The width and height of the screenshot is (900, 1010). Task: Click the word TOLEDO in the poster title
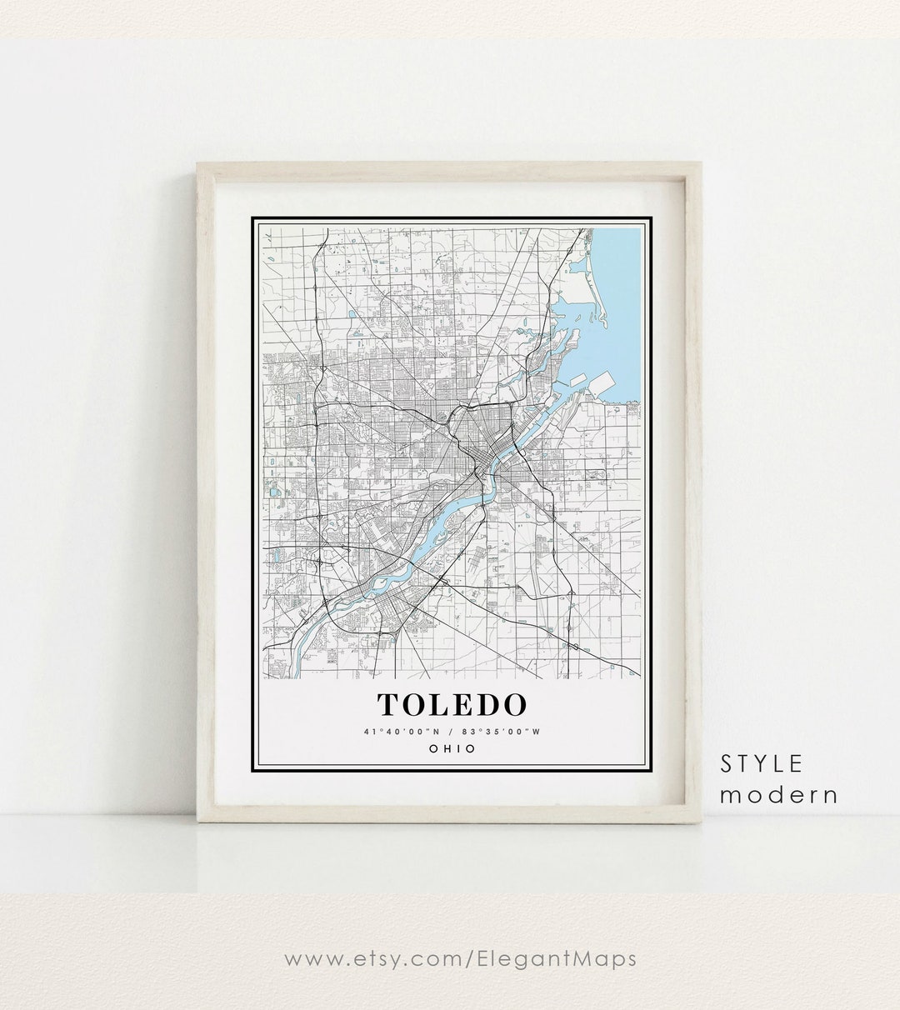[452, 705]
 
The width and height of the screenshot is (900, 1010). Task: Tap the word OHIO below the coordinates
[452, 748]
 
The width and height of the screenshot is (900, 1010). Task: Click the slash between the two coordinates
[452, 732]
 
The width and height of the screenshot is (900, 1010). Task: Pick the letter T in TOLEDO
[388, 705]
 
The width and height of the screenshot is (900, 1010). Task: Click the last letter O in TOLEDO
[512, 705]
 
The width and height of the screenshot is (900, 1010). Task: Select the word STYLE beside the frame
[762, 762]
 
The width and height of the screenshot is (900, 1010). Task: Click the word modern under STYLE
[779, 794]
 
